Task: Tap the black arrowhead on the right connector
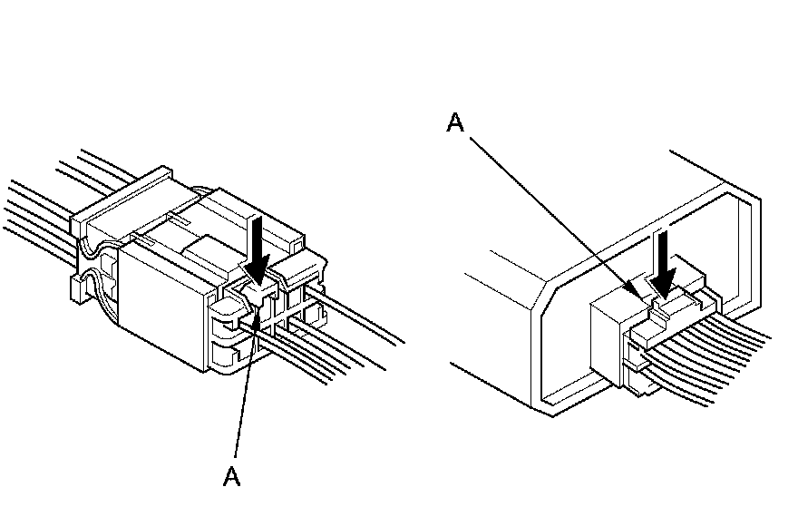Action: (666, 287)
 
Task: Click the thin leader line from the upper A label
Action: (553, 209)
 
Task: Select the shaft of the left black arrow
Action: (258, 236)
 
